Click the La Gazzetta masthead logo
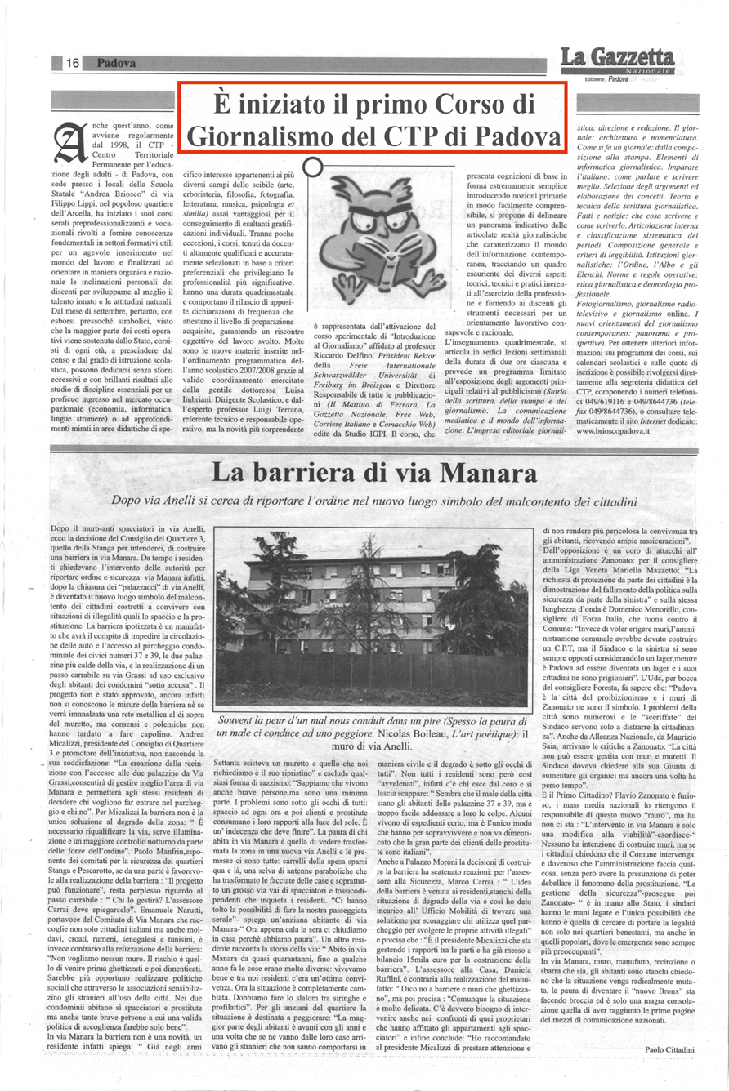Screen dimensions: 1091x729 [617, 57]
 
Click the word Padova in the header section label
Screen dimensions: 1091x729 [114, 63]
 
